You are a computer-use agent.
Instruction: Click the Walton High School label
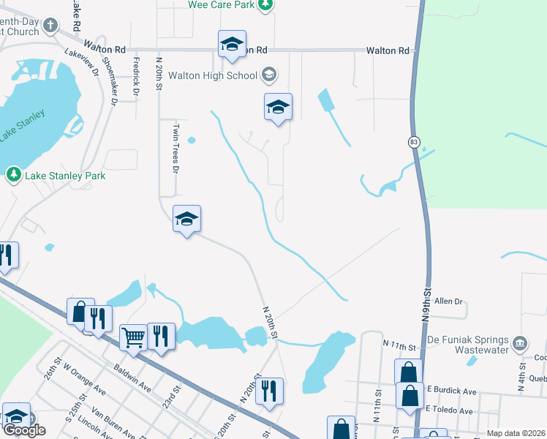click(x=212, y=75)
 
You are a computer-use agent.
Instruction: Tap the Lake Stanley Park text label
click(x=65, y=176)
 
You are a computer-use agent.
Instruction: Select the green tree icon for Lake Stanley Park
click(x=13, y=175)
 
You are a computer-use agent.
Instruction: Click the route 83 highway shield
click(x=414, y=142)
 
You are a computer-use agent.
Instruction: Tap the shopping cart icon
click(x=133, y=337)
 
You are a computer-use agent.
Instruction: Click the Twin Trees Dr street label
click(x=176, y=148)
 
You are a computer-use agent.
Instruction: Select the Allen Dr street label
click(x=449, y=301)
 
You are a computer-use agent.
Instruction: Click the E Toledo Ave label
click(x=449, y=410)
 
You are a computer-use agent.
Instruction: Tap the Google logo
click(x=23, y=430)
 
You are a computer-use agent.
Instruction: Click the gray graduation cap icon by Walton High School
click(x=268, y=75)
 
